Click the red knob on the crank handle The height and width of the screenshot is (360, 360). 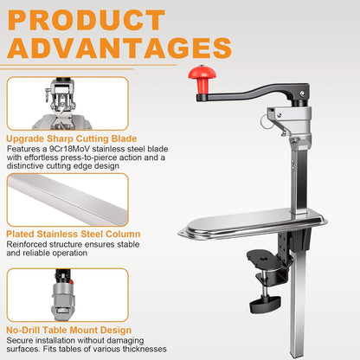point(202,79)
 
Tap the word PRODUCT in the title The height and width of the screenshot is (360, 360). point(87,20)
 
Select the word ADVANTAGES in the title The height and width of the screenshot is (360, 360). point(119,48)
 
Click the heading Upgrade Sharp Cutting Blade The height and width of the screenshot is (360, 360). point(72,138)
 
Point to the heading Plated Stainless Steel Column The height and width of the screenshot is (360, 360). point(74,234)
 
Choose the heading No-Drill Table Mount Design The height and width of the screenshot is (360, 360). point(69,330)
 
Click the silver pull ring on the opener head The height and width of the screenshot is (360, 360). point(265,122)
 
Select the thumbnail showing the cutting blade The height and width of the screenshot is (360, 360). point(67,103)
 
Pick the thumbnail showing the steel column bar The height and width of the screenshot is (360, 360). point(67,200)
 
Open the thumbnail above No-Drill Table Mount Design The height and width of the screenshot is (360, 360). point(67,295)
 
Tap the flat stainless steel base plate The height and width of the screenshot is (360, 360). point(253,224)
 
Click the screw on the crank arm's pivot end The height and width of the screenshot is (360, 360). point(302,93)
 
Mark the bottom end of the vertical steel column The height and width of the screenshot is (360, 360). point(298,357)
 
